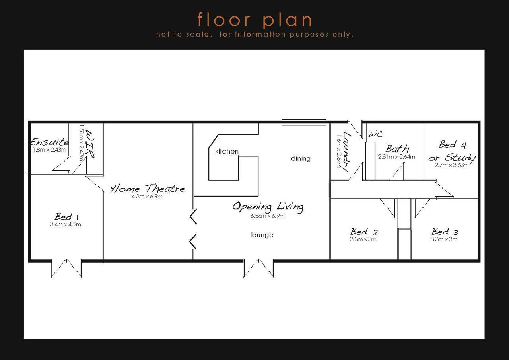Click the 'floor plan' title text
click(x=254, y=20)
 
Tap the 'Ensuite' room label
click(x=50, y=142)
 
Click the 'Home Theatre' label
click(x=148, y=189)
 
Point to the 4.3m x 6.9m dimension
click(x=147, y=197)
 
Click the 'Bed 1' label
click(x=66, y=217)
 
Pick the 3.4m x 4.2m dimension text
click(x=66, y=224)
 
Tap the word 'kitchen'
click(x=227, y=151)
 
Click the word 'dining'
click(x=301, y=158)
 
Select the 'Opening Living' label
click(x=268, y=207)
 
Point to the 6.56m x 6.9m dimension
click(x=267, y=216)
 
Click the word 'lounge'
click(x=262, y=235)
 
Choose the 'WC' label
click(x=376, y=134)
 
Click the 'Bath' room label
click(x=397, y=149)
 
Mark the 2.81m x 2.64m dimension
click(x=396, y=157)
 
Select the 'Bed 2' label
click(x=363, y=232)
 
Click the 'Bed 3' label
click(x=445, y=232)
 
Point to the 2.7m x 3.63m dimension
click(x=451, y=165)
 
